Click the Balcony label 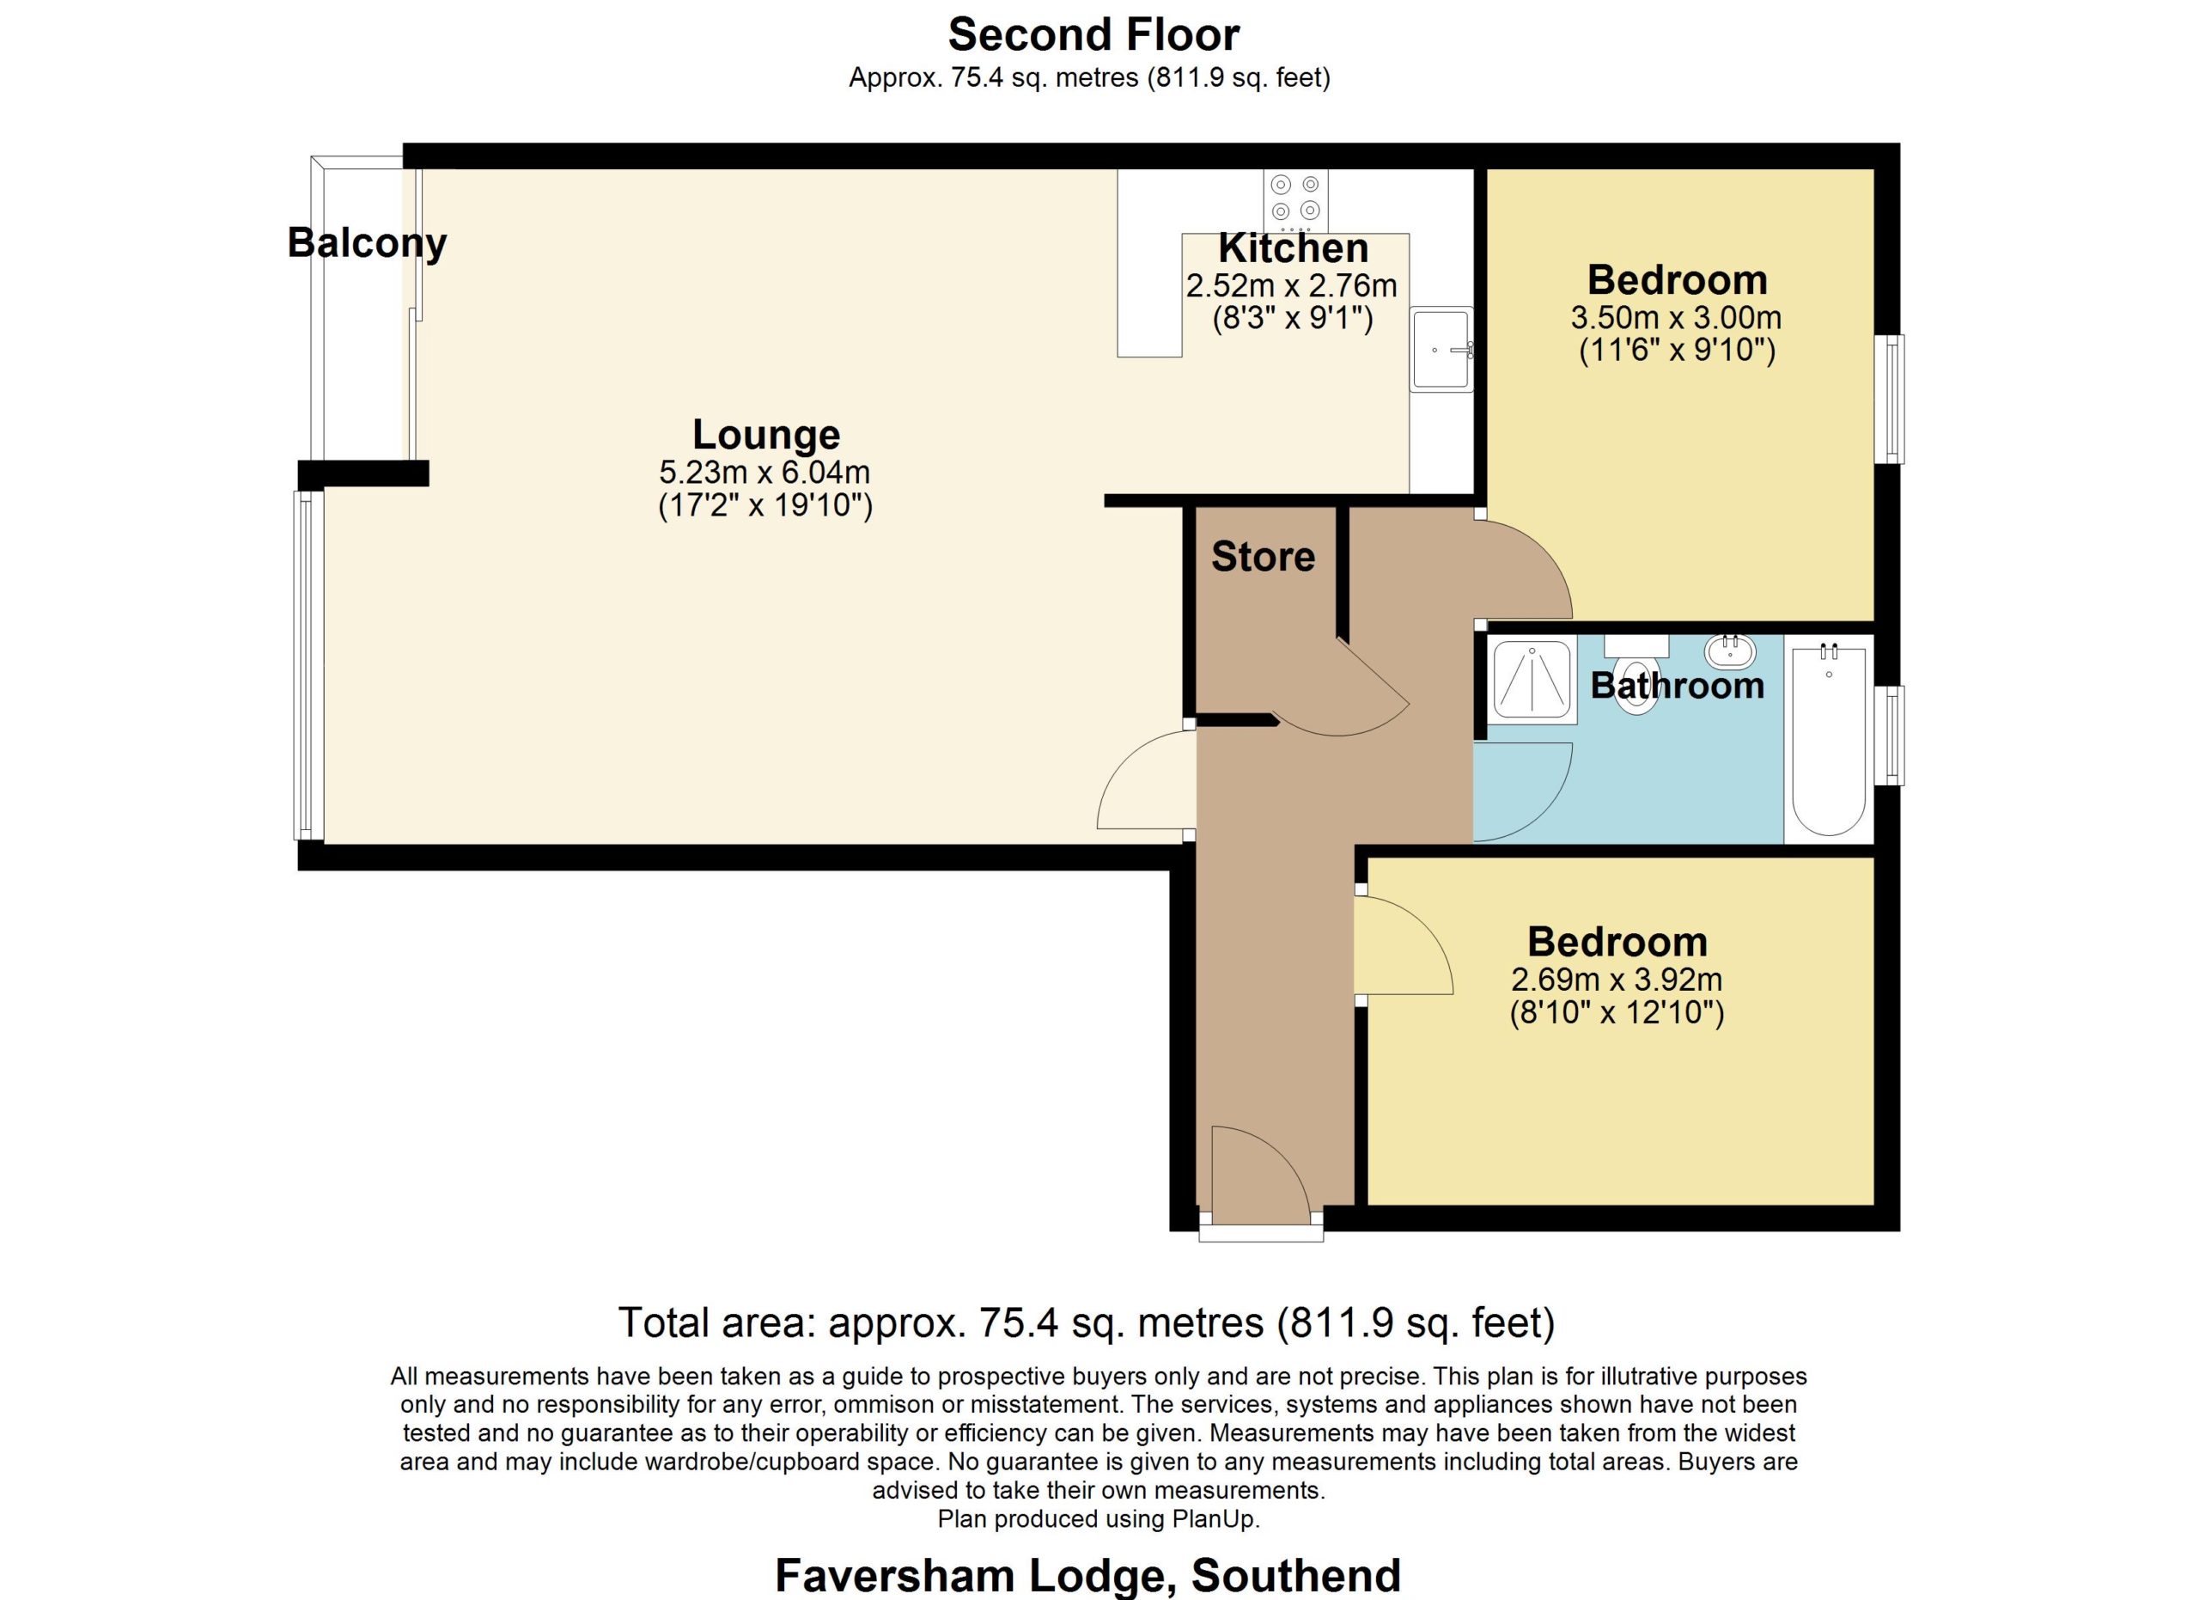pos(367,243)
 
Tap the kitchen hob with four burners pos(1295,201)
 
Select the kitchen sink pos(1441,349)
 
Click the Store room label pos(1263,557)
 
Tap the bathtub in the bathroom pos(1829,739)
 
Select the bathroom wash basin pos(1731,651)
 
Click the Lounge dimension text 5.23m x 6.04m pos(765,473)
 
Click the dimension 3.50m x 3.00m pos(1677,317)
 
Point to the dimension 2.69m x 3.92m pos(1617,980)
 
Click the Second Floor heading pos(1093,35)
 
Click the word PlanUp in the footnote pos(1215,1518)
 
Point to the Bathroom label pos(1678,686)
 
